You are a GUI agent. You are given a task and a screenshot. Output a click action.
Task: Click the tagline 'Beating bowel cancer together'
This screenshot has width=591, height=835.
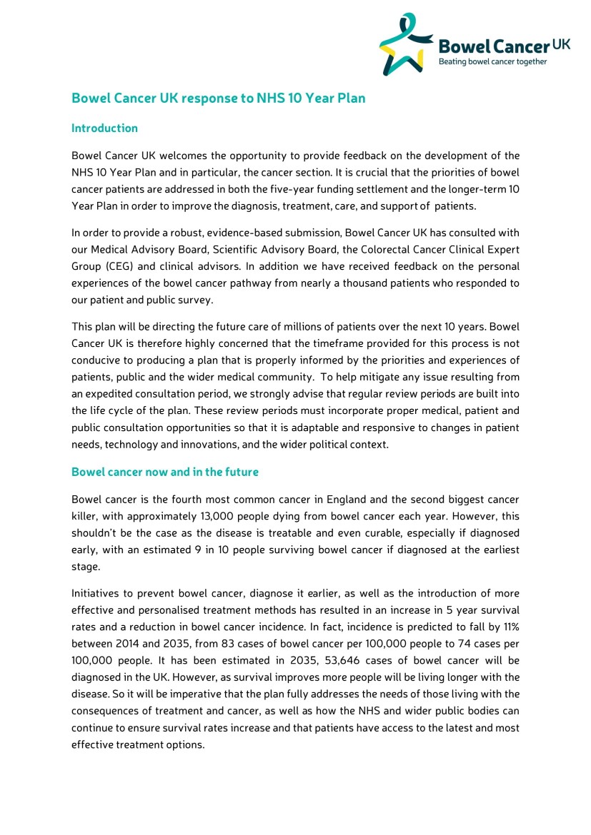pyautogui.click(x=492, y=62)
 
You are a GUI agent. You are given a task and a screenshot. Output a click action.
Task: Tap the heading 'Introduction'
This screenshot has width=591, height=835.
pyautogui.click(x=104, y=128)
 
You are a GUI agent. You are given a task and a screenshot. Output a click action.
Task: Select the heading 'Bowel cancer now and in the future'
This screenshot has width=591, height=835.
pyautogui.click(x=164, y=472)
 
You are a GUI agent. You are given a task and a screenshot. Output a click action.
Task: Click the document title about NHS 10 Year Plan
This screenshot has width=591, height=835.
pyautogui.click(x=218, y=98)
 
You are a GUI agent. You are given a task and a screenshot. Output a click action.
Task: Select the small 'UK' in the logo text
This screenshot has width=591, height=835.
pyautogui.click(x=561, y=44)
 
